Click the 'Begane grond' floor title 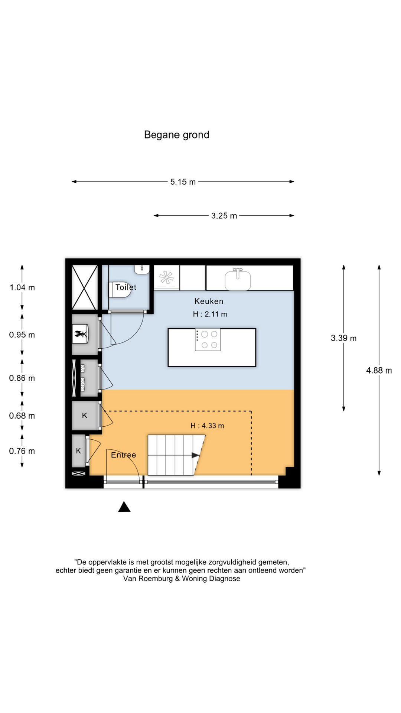point(177,135)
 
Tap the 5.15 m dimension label point(183,182)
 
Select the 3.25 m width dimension point(224,216)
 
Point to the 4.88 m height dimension point(379,370)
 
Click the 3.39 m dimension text point(343,338)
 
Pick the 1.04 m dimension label point(22,287)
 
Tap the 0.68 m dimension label point(22,416)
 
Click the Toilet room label point(126,287)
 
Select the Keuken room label point(209,301)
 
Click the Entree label point(124,455)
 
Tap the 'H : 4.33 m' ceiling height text point(207,426)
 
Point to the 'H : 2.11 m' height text point(210,314)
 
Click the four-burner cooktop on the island point(208,340)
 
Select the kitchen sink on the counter point(238,279)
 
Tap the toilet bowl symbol point(120,290)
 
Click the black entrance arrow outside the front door point(124,507)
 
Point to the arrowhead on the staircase point(196,455)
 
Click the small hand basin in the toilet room point(142,270)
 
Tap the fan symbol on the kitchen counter point(166,277)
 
